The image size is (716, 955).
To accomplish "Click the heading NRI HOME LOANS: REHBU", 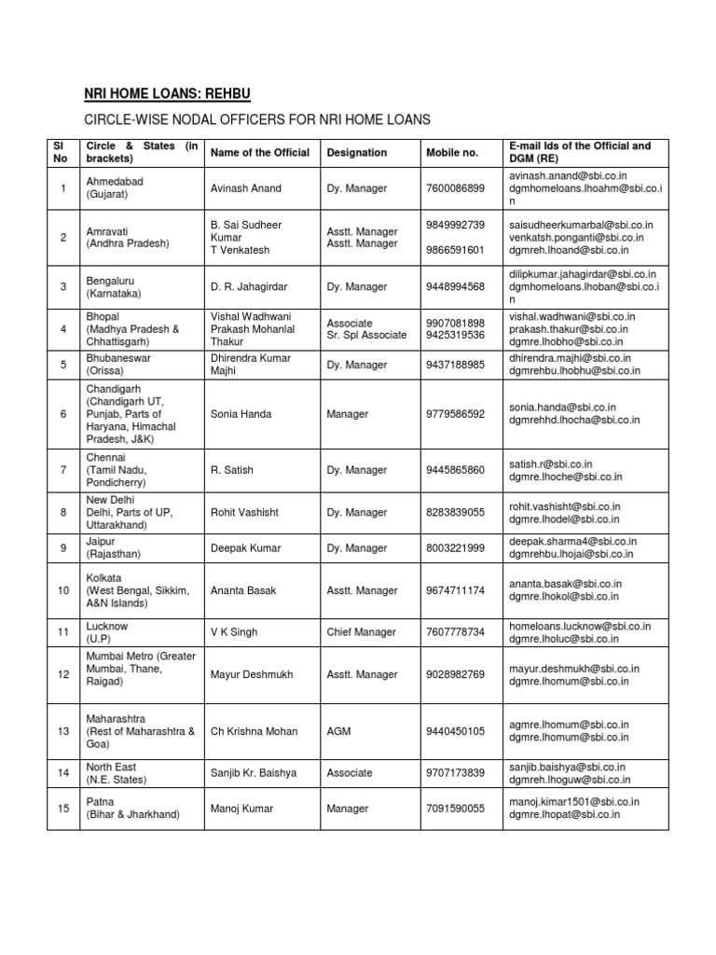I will [169, 93].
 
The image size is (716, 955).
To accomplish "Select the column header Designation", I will [357, 153].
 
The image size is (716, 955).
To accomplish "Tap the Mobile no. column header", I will [452, 153].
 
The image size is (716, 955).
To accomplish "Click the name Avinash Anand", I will [246, 188].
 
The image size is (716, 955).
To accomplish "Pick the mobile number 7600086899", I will [455, 188].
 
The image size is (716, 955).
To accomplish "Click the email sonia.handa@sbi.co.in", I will [562, 408].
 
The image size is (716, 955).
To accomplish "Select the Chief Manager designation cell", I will [362, 632].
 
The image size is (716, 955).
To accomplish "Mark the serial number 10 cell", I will [63, 590].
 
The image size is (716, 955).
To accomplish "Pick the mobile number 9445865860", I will [455, 470].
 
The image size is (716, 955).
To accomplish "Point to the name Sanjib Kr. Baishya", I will [256, 773].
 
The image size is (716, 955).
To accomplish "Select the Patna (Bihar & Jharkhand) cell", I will [132, 808].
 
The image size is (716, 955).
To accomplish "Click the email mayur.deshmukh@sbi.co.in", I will [573, 668].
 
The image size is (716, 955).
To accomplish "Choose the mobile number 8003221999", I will [455, 548].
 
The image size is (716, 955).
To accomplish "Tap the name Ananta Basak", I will [244, 590].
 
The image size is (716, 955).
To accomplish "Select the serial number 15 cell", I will [63, 808].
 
